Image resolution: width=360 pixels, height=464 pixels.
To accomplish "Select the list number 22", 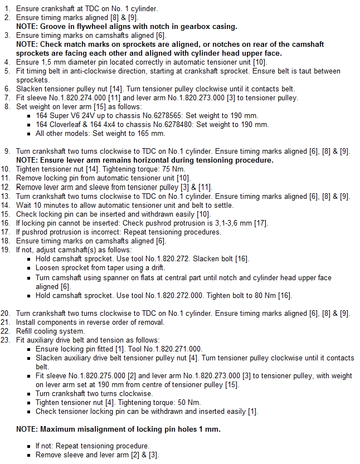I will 6,331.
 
